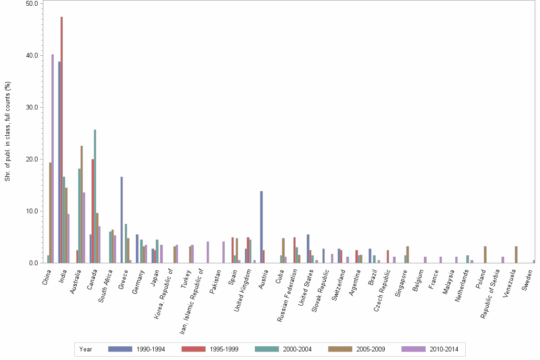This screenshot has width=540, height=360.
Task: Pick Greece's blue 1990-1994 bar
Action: pyautogui.click(x=121, y=220)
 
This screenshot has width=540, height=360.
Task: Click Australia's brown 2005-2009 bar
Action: pyautogui.click(x=81, y=204)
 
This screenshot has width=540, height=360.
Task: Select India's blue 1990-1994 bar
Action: pyautogui.click(x=60, y=162)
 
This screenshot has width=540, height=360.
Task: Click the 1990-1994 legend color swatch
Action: pyautogui.click(x=120, y=349)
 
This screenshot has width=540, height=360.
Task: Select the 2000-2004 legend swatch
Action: pyautogui.click(x=267, y=349)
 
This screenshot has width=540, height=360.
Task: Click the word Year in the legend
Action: pyautogui.click(x=86, y=350)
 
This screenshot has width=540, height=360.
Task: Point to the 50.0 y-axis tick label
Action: pyautogui.click(x=32, y=3)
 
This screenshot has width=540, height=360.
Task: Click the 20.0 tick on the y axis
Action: pyautogui.click(x=32, y=159)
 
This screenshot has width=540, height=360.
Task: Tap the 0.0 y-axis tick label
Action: pyautogui.click(x=34, y=263)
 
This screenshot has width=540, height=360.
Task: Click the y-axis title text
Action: pyautogui.click(x=8, y=131)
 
